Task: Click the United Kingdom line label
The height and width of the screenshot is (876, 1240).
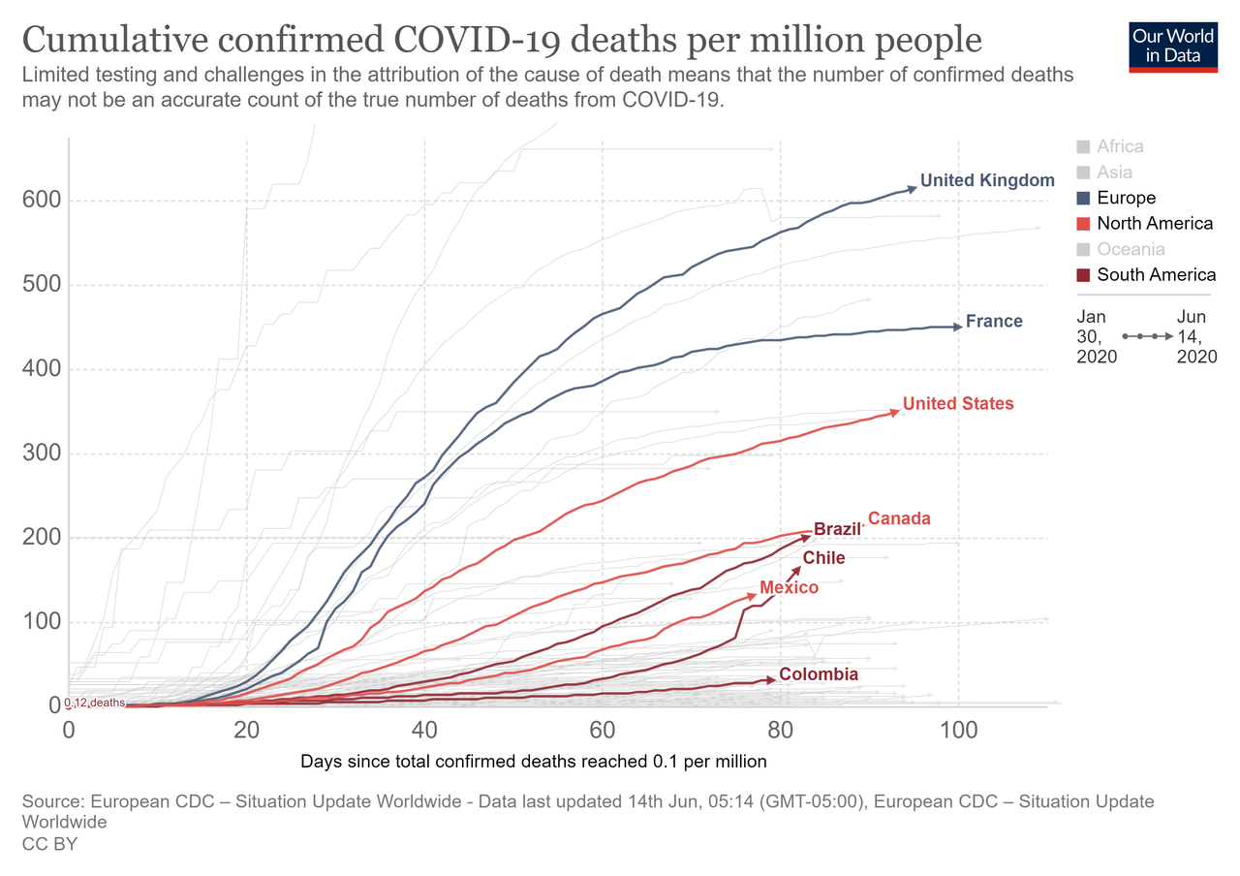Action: [x=986, y=180]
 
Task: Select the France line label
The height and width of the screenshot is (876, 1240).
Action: [x=994, y=322]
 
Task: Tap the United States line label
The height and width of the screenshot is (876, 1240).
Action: [x=958, y=404]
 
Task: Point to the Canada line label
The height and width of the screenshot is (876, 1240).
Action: [x=899, y=518]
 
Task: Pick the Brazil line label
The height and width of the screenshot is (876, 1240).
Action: [x=838, y=530]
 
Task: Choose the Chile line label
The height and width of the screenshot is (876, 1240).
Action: [x=823, y=558]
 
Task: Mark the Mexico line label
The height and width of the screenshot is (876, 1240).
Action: [x=789, y=588]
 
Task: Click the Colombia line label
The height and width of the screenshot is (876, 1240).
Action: [x=819, y=674]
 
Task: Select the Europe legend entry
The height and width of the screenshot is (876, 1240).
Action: [x=1126, y=198]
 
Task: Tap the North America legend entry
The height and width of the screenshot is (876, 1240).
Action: [x=1154, y=224]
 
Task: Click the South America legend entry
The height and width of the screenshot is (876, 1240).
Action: [x=1156, y=274]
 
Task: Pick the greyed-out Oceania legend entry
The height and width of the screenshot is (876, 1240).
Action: [x=1130, y=249]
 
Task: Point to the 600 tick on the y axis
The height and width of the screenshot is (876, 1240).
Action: [x=43, y=201]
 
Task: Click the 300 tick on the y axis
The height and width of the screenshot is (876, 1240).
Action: [x=43, y=454]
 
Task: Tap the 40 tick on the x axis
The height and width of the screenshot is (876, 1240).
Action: [x=424, y=729]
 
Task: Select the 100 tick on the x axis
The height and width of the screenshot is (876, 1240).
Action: [x=958, y=729]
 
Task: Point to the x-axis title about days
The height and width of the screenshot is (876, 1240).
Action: [x=534, y=762]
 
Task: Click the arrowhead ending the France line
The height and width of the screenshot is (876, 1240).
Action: [x=958, y=327]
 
